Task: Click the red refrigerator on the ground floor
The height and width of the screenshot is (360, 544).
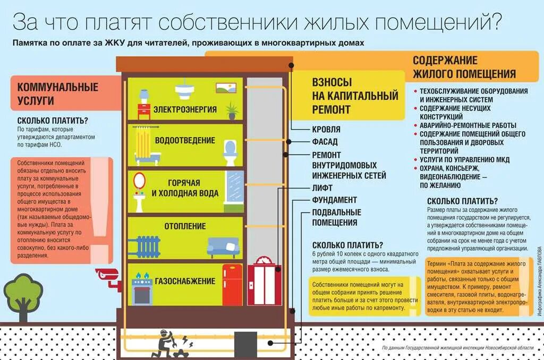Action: point(232,285)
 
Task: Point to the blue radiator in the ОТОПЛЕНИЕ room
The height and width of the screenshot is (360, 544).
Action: point(144,245)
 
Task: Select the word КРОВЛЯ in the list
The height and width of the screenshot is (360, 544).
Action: point(326,129)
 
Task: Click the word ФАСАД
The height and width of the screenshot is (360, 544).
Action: point(325,142)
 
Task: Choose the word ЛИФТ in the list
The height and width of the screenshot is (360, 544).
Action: point(322,187)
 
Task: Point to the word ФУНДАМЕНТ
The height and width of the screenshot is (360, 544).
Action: point(334,200)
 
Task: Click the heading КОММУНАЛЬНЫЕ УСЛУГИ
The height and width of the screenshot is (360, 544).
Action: point(58,93)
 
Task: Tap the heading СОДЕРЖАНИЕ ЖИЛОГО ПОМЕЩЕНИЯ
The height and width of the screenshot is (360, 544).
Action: point(464,67)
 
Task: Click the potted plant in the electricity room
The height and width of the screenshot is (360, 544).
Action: point(231,111)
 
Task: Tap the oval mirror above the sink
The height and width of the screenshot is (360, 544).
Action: point(140,181)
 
